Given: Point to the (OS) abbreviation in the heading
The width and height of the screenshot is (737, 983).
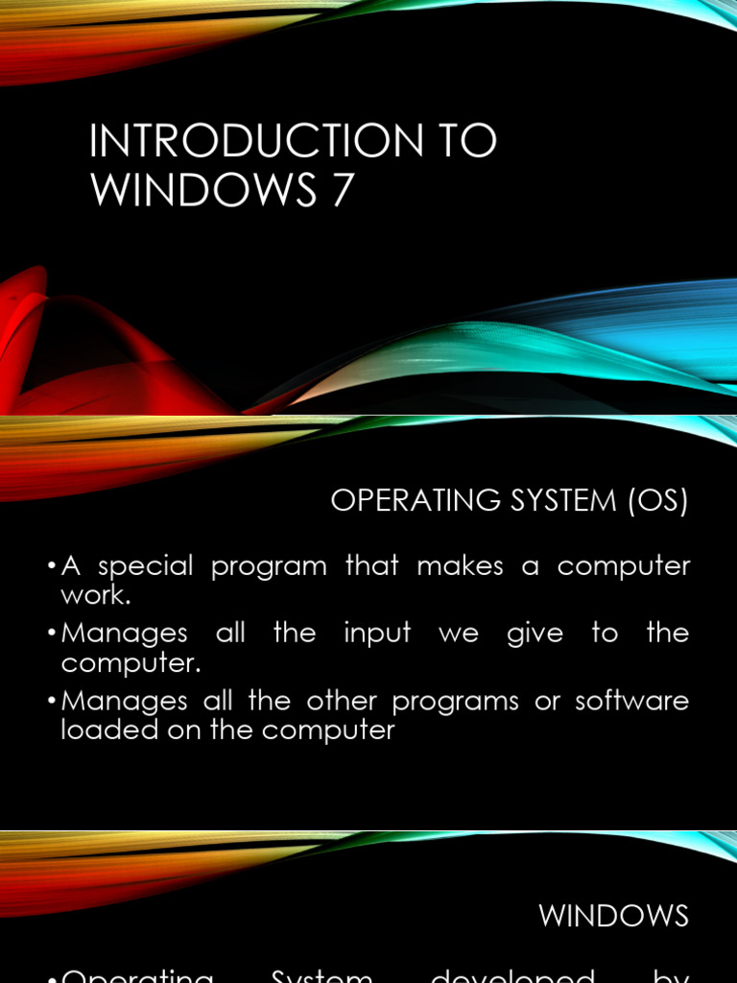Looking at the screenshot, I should pos(658,502).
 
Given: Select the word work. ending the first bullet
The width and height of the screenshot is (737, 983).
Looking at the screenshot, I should pos(95,595).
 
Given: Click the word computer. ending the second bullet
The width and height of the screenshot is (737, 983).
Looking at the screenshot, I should pos(122,663).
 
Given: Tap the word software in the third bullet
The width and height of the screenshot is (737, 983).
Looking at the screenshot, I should pos(632,701).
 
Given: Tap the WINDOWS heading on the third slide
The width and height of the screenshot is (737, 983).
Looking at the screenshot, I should pos(613,916).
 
